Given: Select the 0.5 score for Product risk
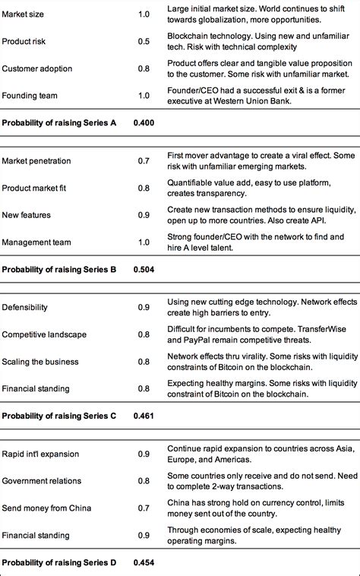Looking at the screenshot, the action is (143, 41).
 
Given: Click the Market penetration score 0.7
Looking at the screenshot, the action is (143, 161).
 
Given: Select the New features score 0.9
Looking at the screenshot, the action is (143, 215).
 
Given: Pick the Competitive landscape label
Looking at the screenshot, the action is (43, 334).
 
